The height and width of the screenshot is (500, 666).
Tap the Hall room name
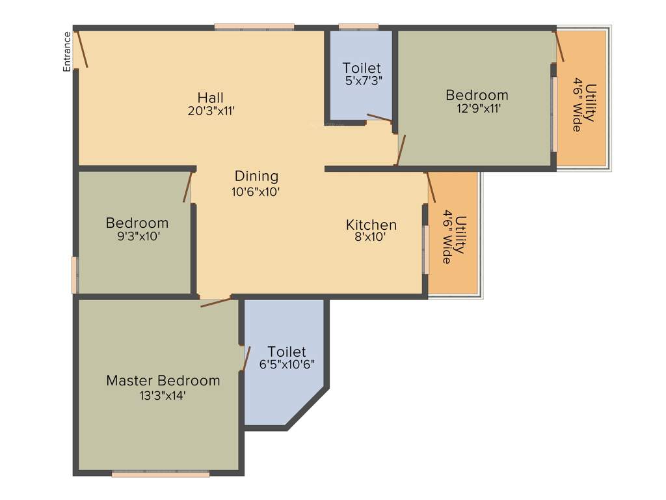click(x=211, y=98)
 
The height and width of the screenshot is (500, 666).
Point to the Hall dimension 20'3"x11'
click(x=211, y=111)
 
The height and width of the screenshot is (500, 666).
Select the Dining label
click(x=256, y=176)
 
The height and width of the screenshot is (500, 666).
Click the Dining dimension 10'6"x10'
click(x=256, y=191)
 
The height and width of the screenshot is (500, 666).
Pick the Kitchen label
click(x=371, y=225)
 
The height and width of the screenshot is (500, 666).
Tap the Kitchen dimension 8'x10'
click(x=371, y=238)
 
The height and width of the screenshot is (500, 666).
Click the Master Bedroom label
click(x=163, y=380)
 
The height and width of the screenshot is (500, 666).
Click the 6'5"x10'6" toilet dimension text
click(x=287, y=365)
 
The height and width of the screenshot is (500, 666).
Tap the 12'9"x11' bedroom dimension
click(x=477, y=109)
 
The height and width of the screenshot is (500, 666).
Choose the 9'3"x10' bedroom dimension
click(x=137, y=236)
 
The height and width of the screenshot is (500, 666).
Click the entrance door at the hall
click(x=81, y=48)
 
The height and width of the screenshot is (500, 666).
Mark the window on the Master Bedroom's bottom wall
click(x=161, y=474)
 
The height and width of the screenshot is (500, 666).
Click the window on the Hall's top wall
click(x=254, y=27)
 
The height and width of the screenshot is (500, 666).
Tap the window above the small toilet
click(x=358, y=27)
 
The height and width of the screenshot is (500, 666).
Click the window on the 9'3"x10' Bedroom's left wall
click(x=75, y=275)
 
